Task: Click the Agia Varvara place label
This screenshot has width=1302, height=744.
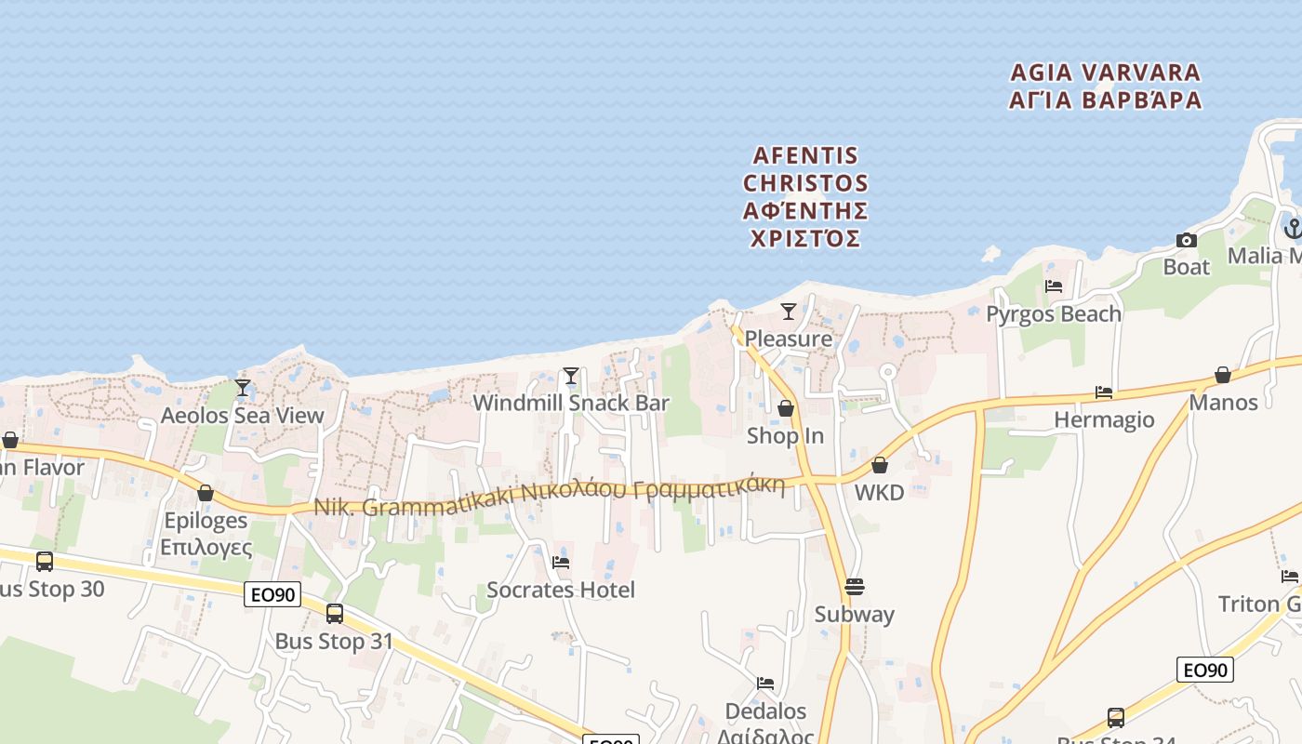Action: [x=1106, y=86]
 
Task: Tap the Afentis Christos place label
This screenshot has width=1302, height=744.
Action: [x=805, y=196]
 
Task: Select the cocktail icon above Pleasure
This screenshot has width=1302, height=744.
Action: [x=789, y=311]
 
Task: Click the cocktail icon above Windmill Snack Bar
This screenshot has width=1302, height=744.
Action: [x=571, y=376]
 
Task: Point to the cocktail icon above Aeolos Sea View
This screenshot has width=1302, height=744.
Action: [x=243, y=387]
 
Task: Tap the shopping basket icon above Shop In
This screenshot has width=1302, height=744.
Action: [x=786, y=408]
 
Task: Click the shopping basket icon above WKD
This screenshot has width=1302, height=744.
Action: [x=880, y=465]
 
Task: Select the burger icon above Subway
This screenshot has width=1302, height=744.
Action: [x=855, y=587]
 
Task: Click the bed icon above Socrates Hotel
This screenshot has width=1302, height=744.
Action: [x=561, y=562]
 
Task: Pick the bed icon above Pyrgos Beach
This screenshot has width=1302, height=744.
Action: [x=1054, y=286]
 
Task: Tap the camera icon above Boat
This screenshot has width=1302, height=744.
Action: [x=1187, y=240]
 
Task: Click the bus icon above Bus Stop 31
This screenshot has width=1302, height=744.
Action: [x=335, y=614]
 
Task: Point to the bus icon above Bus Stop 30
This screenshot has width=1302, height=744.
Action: [x=44, y=562]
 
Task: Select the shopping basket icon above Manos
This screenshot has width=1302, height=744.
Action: [x=1223, y=375]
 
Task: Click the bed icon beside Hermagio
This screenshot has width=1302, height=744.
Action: [x=1104, y=392]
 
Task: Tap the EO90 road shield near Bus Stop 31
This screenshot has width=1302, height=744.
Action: [x=272, y=594]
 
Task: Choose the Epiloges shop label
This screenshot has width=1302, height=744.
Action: [x=206, y=533]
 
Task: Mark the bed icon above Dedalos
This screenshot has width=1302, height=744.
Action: [x=765, y=684]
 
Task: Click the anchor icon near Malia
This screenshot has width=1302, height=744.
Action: [x=1293, y=228]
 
